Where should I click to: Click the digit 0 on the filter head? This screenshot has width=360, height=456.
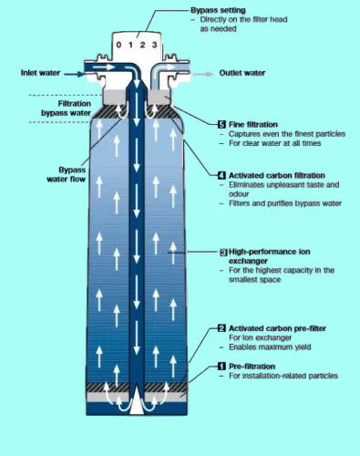point(118,45)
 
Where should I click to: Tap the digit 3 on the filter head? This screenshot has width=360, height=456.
point(155,45)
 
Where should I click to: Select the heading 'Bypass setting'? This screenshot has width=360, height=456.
point(218,10)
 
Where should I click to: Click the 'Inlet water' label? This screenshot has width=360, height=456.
point(40,73)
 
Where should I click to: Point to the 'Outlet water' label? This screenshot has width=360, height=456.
point(242,73)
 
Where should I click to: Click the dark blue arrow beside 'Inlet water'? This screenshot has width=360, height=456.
point(74,74)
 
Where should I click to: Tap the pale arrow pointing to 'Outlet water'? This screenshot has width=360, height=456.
point(202,74)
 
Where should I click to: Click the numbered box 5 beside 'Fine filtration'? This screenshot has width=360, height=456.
point(222,124)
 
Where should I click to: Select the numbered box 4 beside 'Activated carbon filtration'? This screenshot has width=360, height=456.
point(222,175)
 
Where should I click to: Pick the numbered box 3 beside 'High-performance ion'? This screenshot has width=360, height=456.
point(223,252)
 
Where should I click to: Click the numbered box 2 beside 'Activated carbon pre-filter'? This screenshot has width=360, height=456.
point(222,328)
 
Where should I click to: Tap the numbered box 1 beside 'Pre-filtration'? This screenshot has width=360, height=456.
point(222,367)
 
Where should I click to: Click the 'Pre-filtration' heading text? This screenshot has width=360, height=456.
point(252,367)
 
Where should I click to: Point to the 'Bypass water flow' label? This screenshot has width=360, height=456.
point(67,174)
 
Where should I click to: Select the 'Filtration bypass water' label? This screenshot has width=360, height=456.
point(66,109)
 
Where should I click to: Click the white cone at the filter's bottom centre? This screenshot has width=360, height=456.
point(137,401)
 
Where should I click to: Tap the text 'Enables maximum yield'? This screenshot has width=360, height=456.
point(270,347)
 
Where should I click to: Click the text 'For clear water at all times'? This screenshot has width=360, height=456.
point(274,143)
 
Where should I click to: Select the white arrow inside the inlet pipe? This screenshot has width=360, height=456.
point(104,67)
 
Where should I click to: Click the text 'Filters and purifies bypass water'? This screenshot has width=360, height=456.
point(285,203)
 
